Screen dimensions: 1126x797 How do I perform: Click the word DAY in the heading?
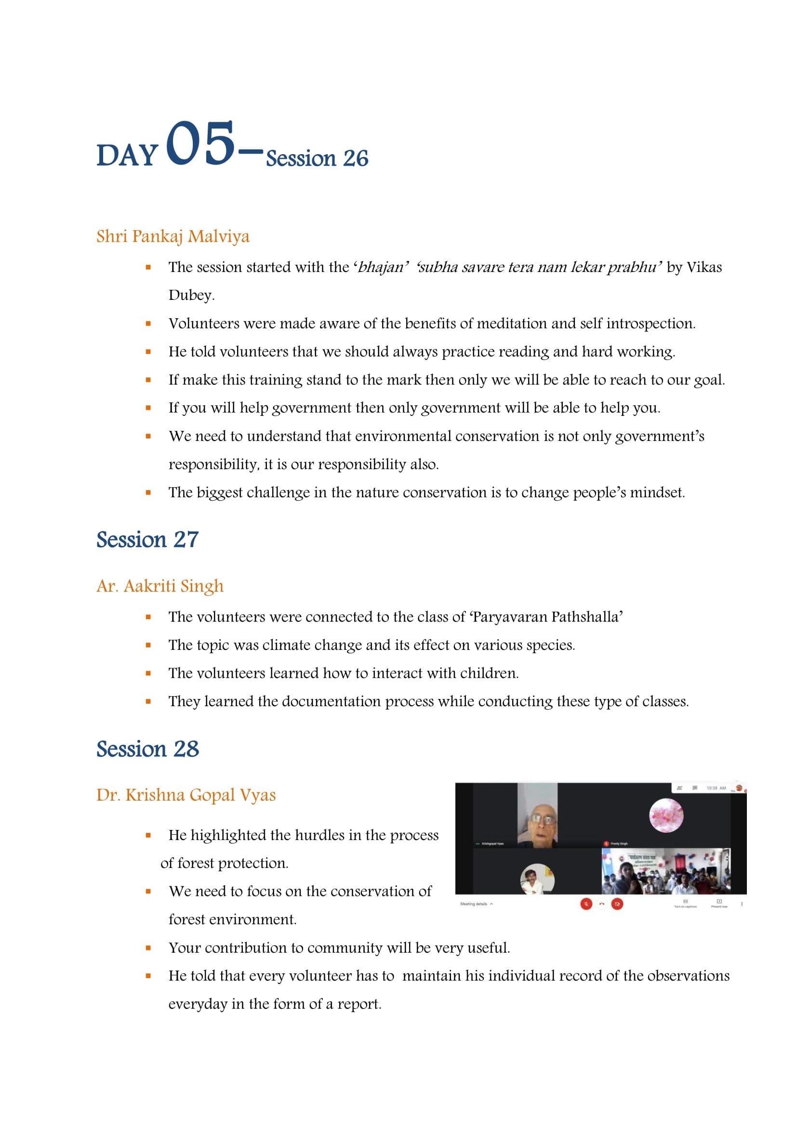(127, 155)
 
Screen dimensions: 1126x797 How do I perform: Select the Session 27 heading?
(147, 540)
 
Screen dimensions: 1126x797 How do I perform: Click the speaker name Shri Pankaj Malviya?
(173, 236)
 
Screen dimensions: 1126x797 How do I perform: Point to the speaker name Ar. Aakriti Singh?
(160, 586)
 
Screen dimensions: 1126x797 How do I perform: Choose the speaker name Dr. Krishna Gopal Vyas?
(186, 795)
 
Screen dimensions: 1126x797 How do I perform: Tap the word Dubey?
(190, 295)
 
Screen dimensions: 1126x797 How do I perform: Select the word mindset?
(656, 492)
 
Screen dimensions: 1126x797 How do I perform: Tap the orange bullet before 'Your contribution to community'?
(148, 948)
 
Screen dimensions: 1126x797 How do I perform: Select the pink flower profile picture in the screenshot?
(666, 815)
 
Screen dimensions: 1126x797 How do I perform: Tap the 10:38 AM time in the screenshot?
(716, 788)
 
